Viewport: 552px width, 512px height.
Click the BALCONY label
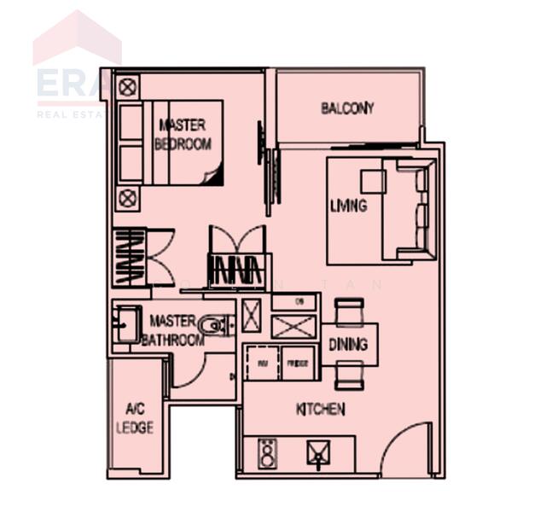(x=347, y=108)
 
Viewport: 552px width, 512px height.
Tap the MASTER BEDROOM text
(x=183, y=135)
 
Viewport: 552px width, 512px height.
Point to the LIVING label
(x=348, y=206)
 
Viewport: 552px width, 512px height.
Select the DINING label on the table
(x=348, y=344)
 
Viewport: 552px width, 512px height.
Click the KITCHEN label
(x=320, y=410)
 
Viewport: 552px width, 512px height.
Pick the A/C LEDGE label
(x=134, y=418)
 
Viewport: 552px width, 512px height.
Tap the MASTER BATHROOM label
(x=172, y=330)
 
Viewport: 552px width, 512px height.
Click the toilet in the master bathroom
(x=213, y=325)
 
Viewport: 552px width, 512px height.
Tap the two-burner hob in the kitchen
(x=266, y=453)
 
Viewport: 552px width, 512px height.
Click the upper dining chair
(x=348, y=311)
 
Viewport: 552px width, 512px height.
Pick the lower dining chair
(x=348, y=375)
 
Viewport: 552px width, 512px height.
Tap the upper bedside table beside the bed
(x=128, y=86)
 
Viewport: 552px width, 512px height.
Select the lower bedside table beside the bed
(x=128, y=199)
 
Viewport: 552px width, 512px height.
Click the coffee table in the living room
(x=373, y=182)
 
